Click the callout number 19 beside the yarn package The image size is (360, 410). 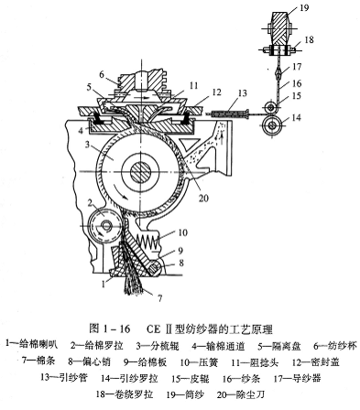[x=304, y=7]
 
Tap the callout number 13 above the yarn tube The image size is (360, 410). [x=242, y=93]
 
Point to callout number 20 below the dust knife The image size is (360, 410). [x=203, y=198]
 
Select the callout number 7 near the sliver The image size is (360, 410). [x=159, y=297]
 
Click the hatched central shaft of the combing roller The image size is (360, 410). [x=141, y=173]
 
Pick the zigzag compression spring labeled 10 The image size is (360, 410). [x=148, y=239]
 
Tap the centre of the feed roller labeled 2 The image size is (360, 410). [x=104, y=226]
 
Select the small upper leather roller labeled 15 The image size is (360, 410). [x=272, y=107]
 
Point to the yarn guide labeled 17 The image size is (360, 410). [x=278, y=73]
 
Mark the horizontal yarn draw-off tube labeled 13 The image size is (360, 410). [x=228, y=114]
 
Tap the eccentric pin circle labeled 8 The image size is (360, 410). [x=155, y=267]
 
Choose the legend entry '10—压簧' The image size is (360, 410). [x=199, y=362]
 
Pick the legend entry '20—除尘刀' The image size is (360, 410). [x=240, y=394]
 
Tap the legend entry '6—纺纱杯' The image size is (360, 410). [x=335, y=346]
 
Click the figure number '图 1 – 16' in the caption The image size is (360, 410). [x=110, y=329]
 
